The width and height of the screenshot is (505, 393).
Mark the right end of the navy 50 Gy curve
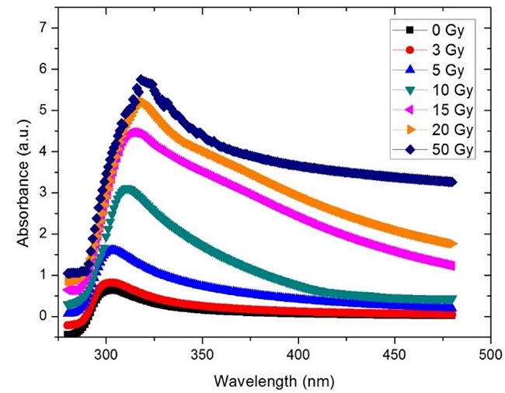pos(451,182)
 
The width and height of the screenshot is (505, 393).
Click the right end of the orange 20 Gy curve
pos(451,243)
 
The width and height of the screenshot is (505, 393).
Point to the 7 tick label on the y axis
pos(53,28)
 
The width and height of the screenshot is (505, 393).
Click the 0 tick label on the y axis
pos(53,316)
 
